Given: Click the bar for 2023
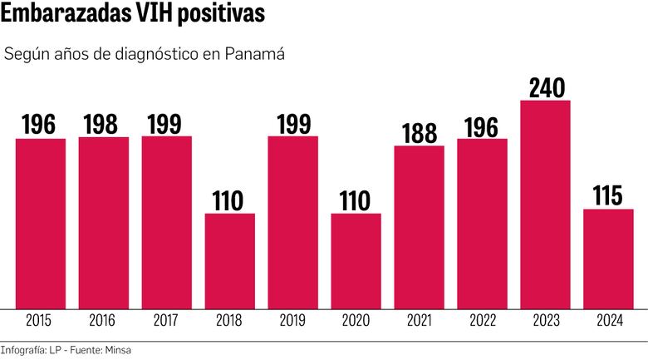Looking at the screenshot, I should pos(545,204).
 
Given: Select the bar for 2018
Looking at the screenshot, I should pos(229,260).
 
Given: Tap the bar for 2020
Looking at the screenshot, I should pos(356,260).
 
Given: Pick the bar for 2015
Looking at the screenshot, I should pos(40,223).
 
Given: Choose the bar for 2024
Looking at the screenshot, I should pos(608,258).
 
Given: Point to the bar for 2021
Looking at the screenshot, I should pos(419,226).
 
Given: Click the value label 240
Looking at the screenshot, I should pos(545,86).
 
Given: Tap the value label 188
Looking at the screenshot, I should pos(419,132).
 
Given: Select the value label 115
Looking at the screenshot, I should pos(608,195).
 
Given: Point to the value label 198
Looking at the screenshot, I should pos(103,124).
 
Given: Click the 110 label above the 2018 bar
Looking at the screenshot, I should pos(229,200).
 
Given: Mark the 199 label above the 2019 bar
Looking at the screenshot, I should pos(292,123).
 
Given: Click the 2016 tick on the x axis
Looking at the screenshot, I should pos(103,320).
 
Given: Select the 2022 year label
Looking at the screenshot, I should pos(482,320).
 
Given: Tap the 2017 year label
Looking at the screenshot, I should pos(166,320).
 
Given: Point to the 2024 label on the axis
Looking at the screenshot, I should pos(608,320).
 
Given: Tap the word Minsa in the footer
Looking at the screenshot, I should pos(117,349).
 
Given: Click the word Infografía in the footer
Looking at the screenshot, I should pos(22,349).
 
